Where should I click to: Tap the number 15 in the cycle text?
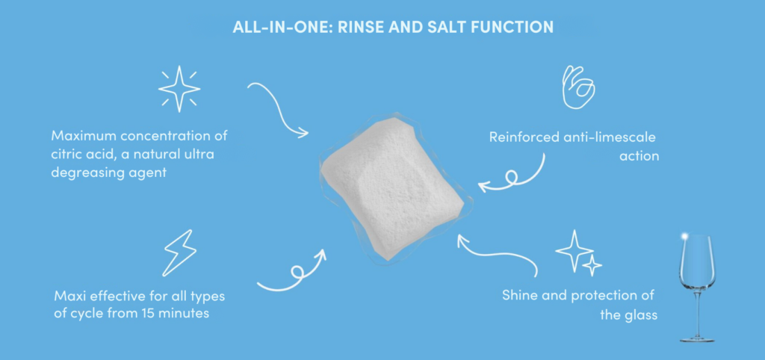(146, 313)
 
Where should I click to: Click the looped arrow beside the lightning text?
(291, 273)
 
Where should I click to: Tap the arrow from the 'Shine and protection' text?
(497, 254)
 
